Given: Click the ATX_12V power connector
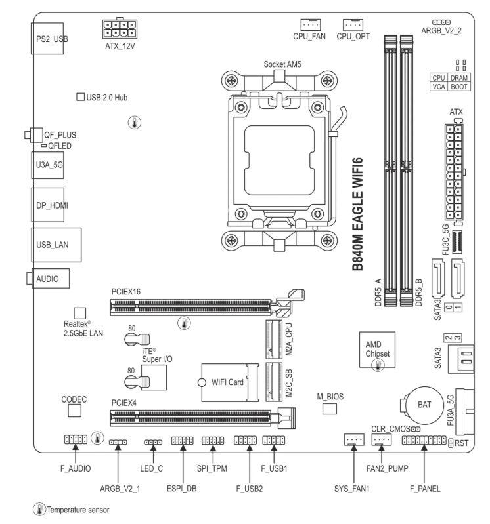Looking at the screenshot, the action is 120,29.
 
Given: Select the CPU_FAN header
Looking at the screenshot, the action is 310,24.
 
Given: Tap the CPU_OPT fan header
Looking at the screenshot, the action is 353,24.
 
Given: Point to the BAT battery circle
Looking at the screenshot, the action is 424,405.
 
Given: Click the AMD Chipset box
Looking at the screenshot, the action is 377,350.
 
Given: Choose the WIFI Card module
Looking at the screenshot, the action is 230,382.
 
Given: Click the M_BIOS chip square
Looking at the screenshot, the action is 329,409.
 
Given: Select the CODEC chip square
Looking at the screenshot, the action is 75,411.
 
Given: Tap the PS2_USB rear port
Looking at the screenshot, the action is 47,39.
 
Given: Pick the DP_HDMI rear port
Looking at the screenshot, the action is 48,205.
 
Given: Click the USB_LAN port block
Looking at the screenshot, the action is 56,245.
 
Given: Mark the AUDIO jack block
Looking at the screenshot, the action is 51,278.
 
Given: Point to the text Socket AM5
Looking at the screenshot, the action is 282,64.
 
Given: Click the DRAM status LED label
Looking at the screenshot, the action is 459,78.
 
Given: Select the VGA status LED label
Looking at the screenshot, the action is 439,87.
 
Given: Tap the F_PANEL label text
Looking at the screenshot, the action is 425,489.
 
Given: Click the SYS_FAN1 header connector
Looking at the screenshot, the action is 354,439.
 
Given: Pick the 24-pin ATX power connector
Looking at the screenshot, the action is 454,172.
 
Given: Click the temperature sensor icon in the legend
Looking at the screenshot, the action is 39,510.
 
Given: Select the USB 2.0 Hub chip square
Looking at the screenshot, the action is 80,97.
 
